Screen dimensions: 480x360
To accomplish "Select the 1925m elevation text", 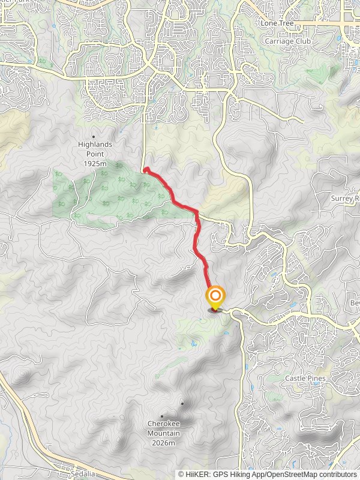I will coord(95,164).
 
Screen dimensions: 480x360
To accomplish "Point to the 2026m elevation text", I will coord(164,443).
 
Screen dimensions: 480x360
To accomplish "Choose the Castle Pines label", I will coord(305,378).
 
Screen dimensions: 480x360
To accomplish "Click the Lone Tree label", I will coord(275,22).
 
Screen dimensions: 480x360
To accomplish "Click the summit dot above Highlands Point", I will coord(93,137).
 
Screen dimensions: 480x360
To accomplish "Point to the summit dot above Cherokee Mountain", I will coord(162,416).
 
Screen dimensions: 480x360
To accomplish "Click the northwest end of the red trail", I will coord(146,170).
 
